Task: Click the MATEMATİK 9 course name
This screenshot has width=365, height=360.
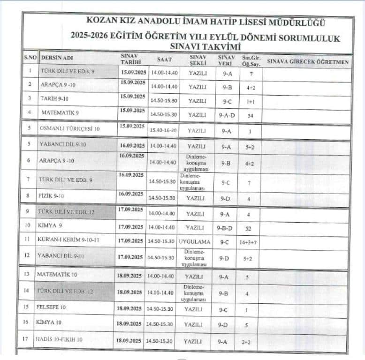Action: [60, 112]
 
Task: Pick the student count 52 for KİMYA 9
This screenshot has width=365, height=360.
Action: [248, 229]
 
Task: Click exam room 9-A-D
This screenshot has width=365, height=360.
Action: [227, 114]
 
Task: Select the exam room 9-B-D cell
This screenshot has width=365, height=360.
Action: [225, 228]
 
